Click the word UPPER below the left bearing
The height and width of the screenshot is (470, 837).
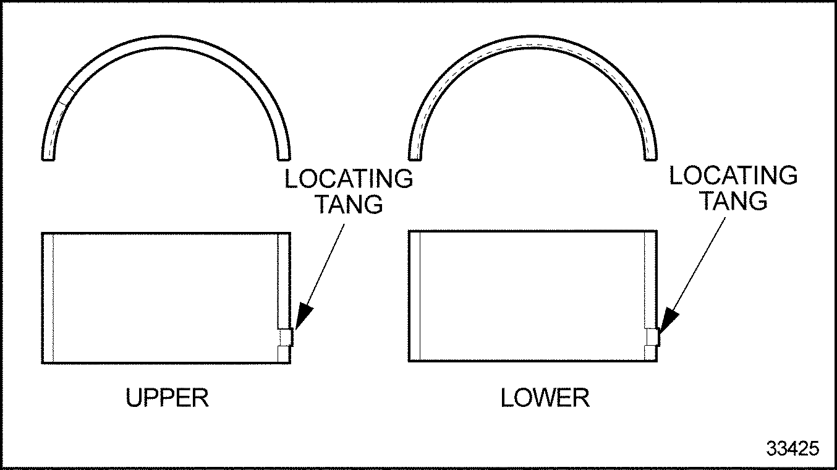click(167, 398)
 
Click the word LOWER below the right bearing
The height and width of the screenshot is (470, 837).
click(545, 398)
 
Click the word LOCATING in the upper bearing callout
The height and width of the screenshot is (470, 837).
click(349, 179)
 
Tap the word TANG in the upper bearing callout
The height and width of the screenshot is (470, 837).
click(349, 204)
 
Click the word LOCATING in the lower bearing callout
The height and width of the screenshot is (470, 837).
click(733, 176)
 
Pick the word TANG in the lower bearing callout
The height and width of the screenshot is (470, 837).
click(734, 201)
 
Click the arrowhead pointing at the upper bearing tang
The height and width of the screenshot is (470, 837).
click(303, 317)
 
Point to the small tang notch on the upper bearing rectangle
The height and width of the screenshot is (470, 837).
click(286, 338)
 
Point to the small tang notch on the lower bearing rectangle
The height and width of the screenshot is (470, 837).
click(652, 337)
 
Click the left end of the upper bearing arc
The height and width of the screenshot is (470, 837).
click(48, 158)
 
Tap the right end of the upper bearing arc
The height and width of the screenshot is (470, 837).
click(284, 158)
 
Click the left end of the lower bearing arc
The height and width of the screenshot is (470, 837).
click(415, 158)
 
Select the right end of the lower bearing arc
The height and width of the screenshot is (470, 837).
click(650, 158)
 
